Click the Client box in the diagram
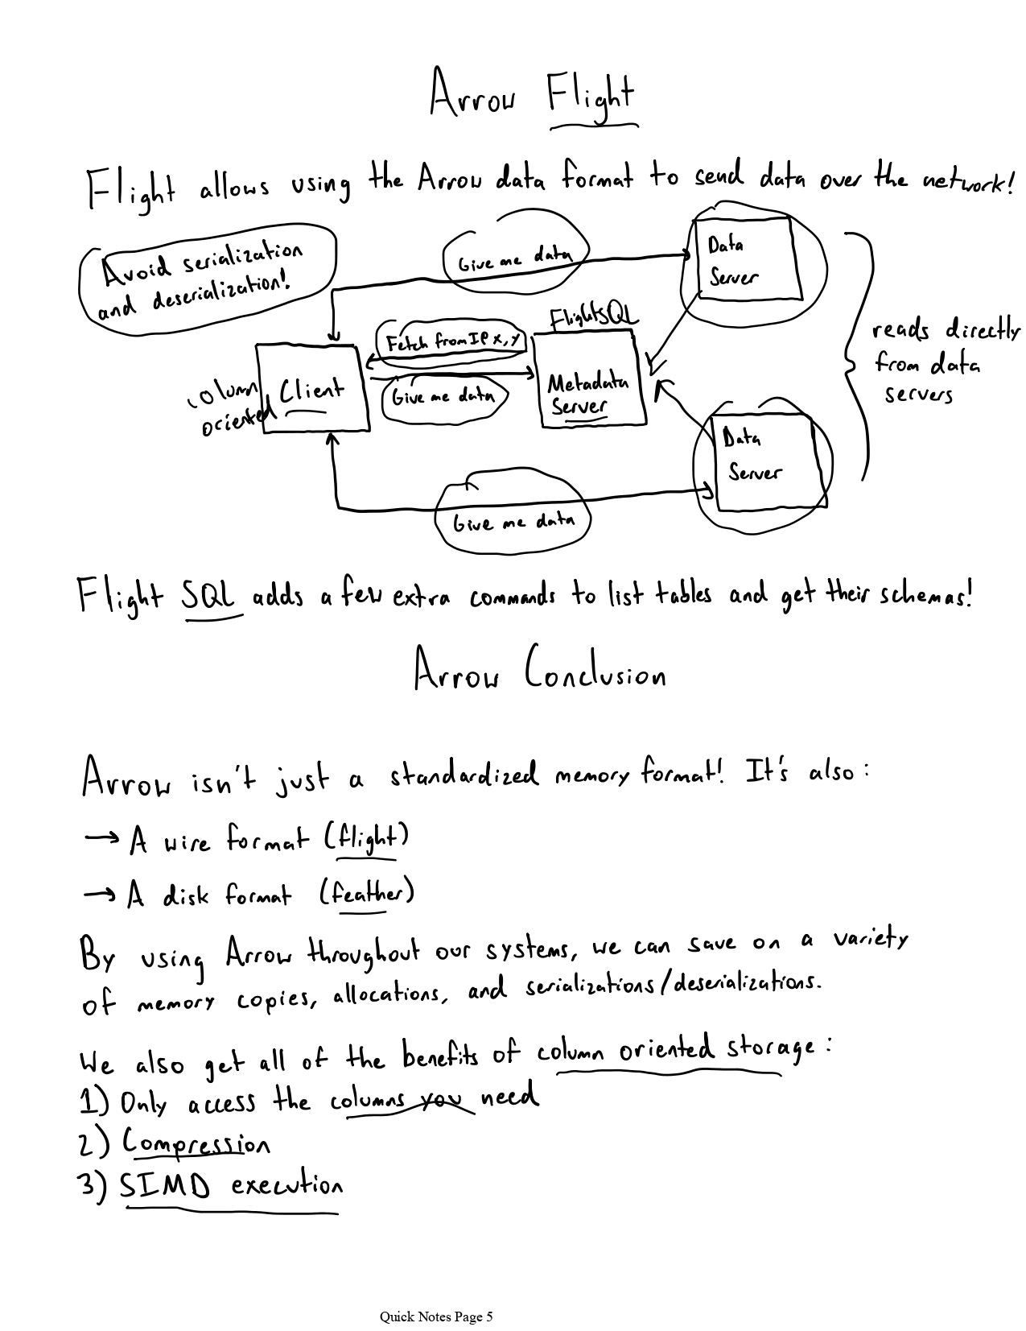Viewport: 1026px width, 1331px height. click(x=312, y=389)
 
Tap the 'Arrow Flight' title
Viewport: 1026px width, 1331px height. click(x=532, y=95)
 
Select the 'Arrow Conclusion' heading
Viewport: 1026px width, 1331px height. click(x=539, y=672)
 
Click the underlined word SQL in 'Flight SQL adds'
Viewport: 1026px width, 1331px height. click(x=210, y=597)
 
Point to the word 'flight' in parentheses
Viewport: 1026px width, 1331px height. click(x=368, y=838)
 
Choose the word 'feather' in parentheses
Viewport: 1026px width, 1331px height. click(x=368, y=894)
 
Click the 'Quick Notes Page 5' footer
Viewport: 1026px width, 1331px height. click(x=436, y=1317)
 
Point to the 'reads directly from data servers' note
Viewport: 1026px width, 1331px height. click(x=933, y=362)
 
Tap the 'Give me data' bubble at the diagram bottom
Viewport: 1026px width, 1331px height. click(x=513, y=522)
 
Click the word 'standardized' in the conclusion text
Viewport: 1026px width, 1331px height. click(x=464, y=775)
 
